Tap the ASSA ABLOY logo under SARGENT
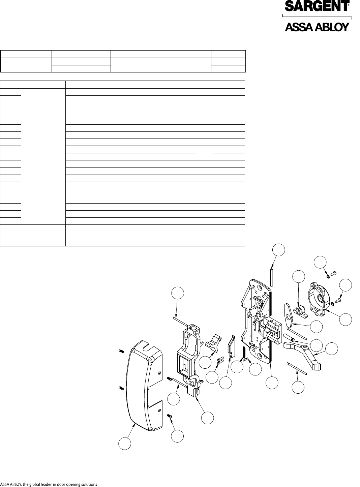point(317,27)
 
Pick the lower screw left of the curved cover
point(121,388)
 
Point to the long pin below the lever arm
point(296,368)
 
